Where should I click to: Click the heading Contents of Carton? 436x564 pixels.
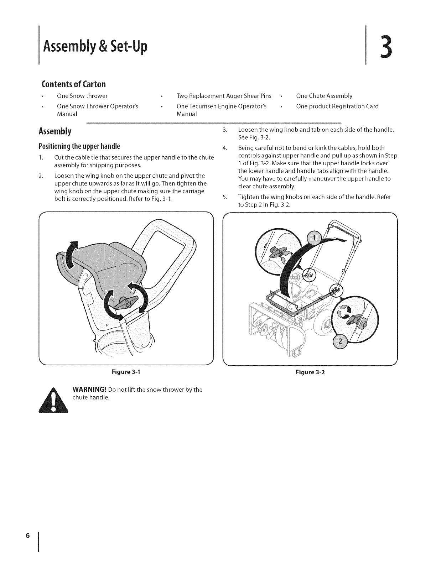pyautogui.click(x=74, y=84)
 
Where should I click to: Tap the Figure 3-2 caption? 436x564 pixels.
pyautogui.click(x=310, y=372)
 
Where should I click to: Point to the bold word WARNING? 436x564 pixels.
pyautogui.click(x=89, y=390)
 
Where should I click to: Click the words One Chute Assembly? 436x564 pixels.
pyautogui.click(x=324, y=96)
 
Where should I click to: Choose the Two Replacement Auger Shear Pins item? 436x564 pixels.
pyautogui.click(x=224, y=96)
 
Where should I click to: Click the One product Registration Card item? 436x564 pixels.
pyautogui.click(x=337, y=106)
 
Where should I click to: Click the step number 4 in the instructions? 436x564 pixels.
pyautogui.click(x=224, y=148)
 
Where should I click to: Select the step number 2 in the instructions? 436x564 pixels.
pyautogui.click(x=41, y=176)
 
